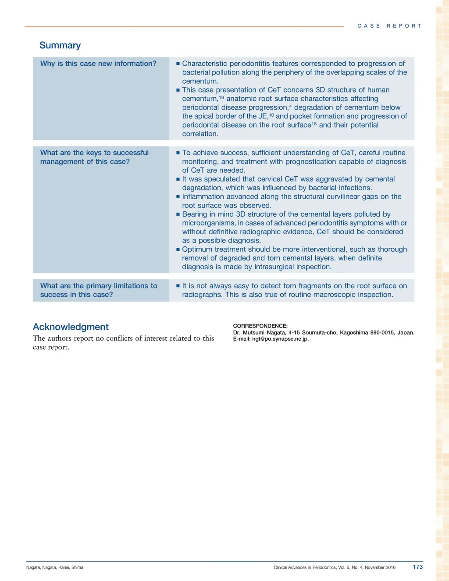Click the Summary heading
click(60, 45)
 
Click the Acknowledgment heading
click(71, 327)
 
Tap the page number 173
click(417, 567)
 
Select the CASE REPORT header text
click(389, 26)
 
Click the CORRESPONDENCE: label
click(260, 326)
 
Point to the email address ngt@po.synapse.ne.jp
click(280, 339)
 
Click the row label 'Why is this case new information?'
click(98, 64)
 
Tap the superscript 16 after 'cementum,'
click(221, 97)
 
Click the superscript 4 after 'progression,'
click(290, 106)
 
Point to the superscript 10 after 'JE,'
click(271, 115)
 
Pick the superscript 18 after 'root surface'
click(314, 124)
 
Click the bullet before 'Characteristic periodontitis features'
click(178, 64)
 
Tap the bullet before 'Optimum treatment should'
click(178, 250)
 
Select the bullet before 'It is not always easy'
click(178, 286)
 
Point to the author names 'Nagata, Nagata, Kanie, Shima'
click(55, 567)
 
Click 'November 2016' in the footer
click(380, 567)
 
